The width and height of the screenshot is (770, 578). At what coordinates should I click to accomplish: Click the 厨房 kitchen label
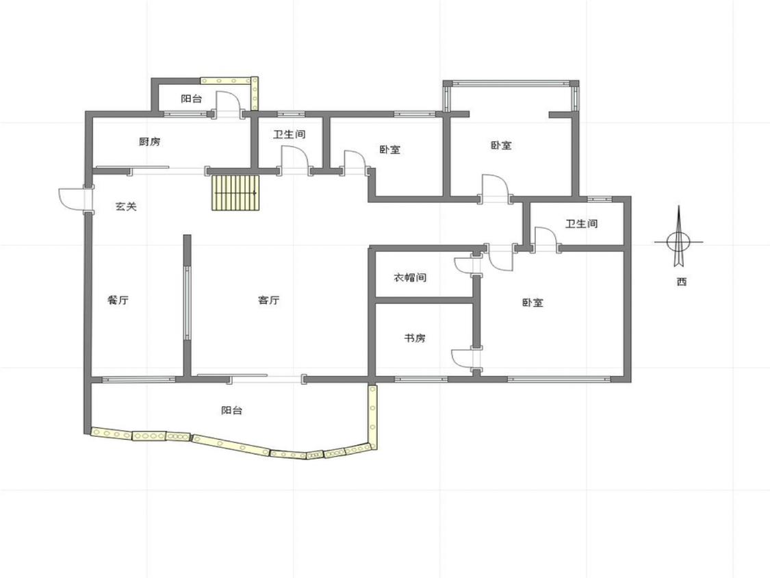pyautogui.click(x=149, y=142)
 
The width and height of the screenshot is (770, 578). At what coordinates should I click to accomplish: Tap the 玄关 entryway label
pyautogui.click(x=126, y=206)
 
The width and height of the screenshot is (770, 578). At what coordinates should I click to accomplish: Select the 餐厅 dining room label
pyautogui.click(x=118, y=300)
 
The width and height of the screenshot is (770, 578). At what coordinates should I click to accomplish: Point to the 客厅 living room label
pyautogui.click(x=268, y=300)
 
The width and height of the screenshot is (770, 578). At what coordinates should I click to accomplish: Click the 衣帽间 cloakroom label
pyautogui.click(x=410, y=277)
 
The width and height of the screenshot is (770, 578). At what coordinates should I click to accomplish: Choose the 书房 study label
pyautogui.click(x=415, y=338)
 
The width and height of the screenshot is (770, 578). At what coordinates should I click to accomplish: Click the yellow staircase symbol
pyautogui.click(x=235, y=192)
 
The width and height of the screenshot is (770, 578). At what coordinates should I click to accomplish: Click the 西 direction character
pyautogui.click(x=681, y=281)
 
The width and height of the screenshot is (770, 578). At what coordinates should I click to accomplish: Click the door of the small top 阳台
pyautogui.click(x=228, y=103)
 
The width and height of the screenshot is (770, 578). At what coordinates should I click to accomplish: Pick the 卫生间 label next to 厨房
pyautogui.click(x=290, y=134)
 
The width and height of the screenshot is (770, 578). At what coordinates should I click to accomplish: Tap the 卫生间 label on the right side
pyautogui.click(x=581, y=224)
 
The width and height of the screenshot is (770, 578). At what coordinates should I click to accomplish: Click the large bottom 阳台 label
pyautogui.click(x=231, y=410)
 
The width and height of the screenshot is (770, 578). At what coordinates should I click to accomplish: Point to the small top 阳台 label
pyautogui.click(x=191, y=99)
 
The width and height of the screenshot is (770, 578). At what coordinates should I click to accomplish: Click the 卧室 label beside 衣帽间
pyautogui.click(x=532, y=303)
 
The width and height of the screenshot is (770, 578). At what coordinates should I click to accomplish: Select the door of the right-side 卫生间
pyautogui.click(x=545, y=239)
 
